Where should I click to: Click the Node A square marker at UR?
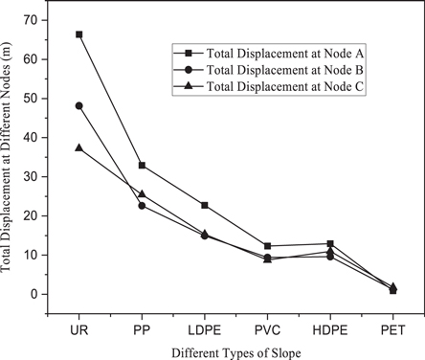click(x=79, y=34)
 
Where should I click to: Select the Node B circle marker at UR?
click(x=79, y=105)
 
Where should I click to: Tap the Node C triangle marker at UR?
click(x=79, y=147)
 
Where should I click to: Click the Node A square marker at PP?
click(x=142, y=166)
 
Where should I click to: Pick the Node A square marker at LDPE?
click(x=205, y=205)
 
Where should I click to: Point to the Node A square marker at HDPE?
click(x=330, y=243)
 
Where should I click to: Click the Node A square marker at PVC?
click(x=267, y=246)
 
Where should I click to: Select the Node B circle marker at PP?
click(x=142, y=206)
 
